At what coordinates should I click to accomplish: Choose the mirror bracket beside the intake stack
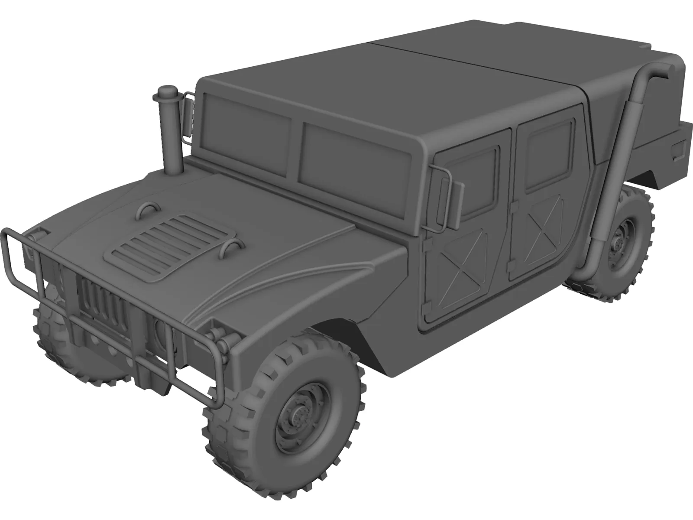189,115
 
